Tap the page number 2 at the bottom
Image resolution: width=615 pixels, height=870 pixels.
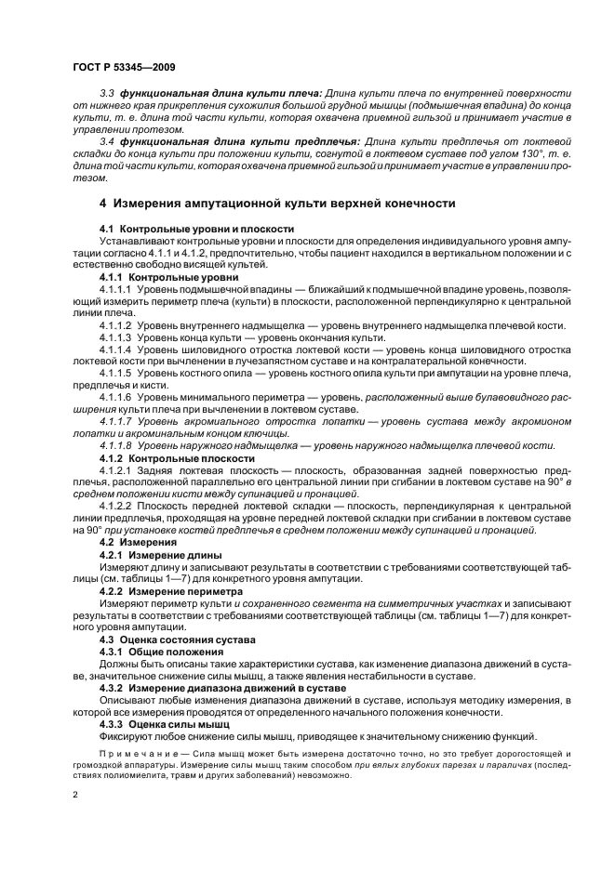77,795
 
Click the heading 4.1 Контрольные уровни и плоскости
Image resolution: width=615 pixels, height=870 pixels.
196,228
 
